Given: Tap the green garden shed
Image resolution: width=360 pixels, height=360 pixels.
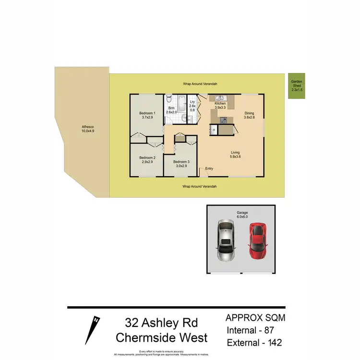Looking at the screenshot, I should coord(296,86).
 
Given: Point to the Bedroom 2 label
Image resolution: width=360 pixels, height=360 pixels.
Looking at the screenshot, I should coord(147,157).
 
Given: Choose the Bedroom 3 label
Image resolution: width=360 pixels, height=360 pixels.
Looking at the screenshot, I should coord(181,162).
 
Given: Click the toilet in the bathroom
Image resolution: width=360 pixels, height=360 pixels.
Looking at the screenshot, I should coord(169,99).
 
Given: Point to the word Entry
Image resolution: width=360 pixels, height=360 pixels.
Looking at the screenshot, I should coord(209,168).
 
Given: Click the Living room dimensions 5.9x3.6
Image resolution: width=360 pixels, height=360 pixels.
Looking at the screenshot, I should coord(235,157).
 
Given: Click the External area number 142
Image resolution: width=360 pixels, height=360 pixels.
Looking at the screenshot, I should coord(272,342).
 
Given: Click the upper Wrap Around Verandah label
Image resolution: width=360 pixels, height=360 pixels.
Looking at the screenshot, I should coord(200,84).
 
